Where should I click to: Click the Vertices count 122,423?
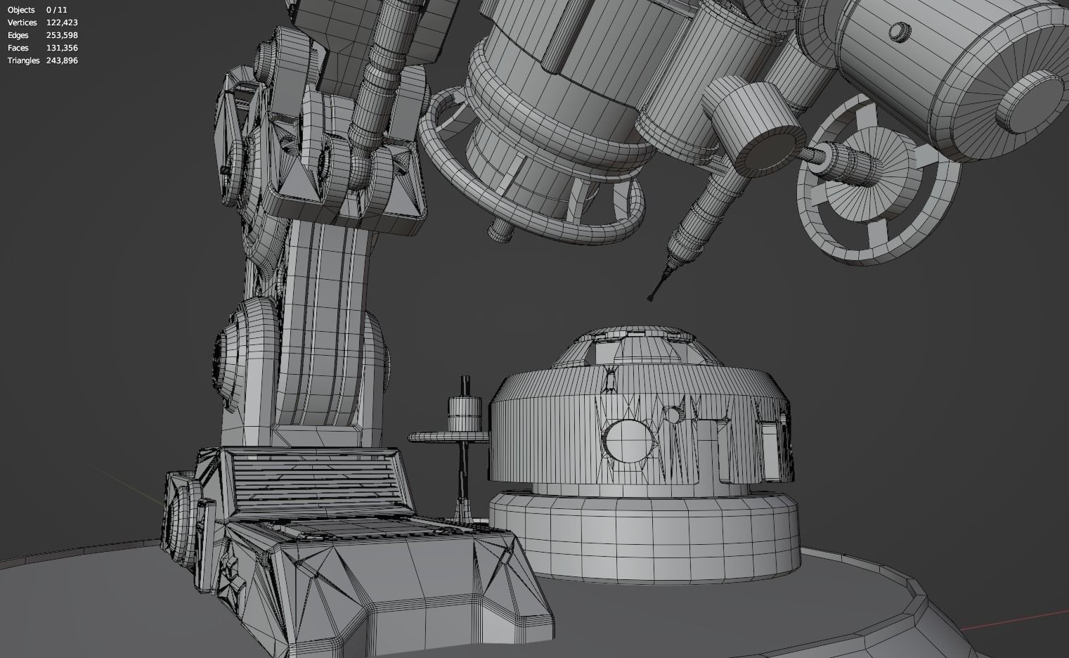pos(62,22)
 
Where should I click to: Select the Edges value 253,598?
pos(62,35)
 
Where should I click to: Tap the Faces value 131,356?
pos(62,48)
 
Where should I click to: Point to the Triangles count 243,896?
pos(62,60)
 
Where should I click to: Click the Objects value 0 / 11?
pos(57,10)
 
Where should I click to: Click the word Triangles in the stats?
pos(23,60)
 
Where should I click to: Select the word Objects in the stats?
pos(21,10)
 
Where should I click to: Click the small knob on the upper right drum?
pos(898,31)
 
